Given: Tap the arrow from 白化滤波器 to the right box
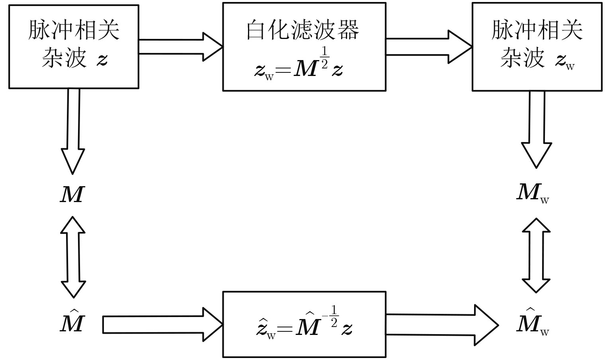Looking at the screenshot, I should [428, 47].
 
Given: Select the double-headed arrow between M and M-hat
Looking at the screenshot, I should [73, 257].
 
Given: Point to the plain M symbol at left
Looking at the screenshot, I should [72, 195].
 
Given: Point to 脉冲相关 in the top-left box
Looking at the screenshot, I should [74, 30].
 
